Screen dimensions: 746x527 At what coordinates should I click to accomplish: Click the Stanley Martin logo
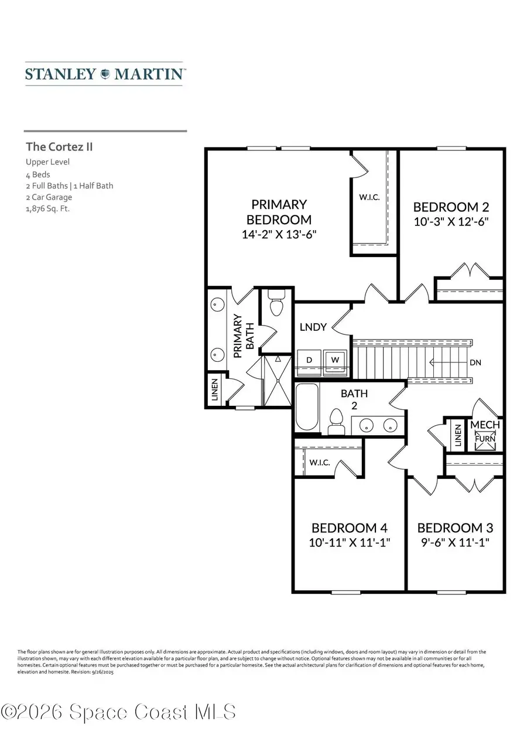pos(105,74)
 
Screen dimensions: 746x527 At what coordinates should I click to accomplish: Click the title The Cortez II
pos(59,146)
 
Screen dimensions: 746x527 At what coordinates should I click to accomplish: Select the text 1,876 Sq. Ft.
pos(47,208)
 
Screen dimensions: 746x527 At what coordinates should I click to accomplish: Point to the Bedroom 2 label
pos(451,207)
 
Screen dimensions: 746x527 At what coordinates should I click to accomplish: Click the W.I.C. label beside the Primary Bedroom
pos(369,197)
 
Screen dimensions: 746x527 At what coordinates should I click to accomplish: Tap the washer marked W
pos(336,360)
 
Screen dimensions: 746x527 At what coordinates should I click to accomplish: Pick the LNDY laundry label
pos(313,327)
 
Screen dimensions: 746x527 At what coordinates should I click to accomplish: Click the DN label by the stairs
pos(475,362)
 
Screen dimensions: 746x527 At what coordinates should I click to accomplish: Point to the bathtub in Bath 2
pos(307,407)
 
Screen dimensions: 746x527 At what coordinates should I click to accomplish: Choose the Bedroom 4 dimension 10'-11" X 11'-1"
pos(350,542)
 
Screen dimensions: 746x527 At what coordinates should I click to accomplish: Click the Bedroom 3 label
pos(455,527)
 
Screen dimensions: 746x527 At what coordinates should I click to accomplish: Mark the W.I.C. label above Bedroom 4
pos(320,462)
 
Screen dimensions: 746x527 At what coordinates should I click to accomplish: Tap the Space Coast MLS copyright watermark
pos(119,712)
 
